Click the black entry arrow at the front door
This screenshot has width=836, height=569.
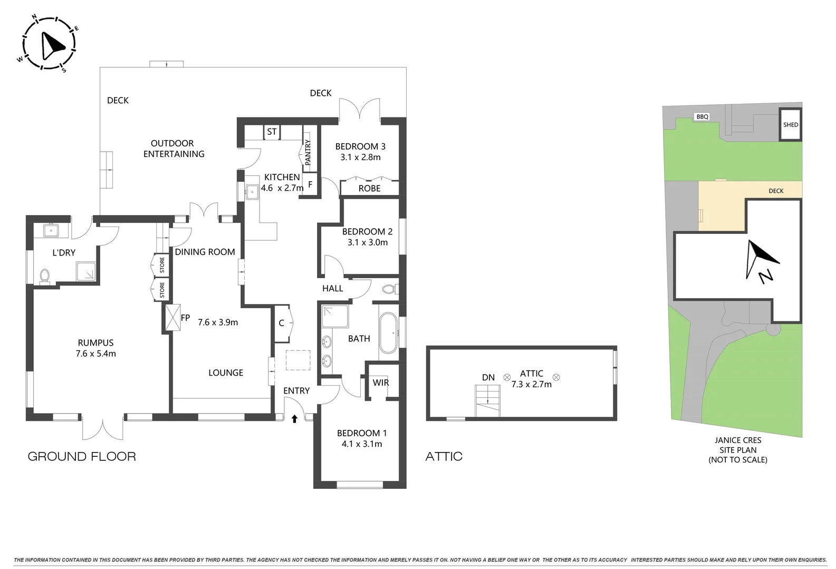[x=294, y=419]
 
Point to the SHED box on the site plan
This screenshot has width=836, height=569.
[x=790, y=125]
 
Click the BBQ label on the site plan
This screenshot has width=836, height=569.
[x=702, y=117]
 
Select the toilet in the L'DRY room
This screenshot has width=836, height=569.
[x=44, y=276]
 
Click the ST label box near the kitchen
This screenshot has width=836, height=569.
[x=272, y=132]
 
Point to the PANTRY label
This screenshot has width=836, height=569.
[x=308, y=152]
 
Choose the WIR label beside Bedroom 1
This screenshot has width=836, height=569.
[x=380, y=382]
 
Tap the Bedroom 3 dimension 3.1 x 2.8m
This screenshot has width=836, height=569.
[x=360, y=157]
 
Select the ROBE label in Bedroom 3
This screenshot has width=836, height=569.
[x=369, y=189]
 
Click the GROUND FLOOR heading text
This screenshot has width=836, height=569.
[x=82, y=457]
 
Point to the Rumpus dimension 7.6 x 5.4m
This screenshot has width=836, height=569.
[x=95, y=354]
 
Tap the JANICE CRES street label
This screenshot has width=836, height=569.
[x=737, y=440]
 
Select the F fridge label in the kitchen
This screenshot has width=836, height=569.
[x=310, y=185]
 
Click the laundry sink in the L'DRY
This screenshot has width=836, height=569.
[x=52, y=230]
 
